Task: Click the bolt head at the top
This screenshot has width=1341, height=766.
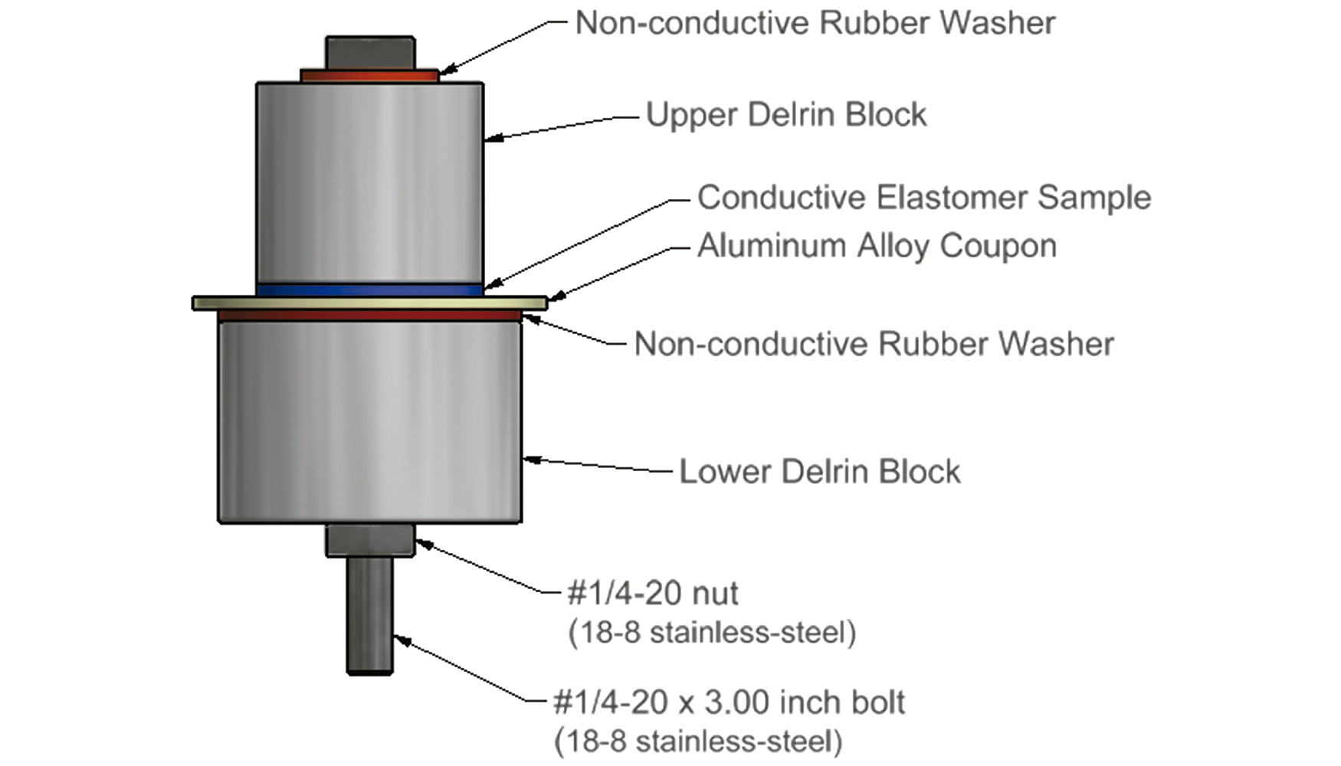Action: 370,53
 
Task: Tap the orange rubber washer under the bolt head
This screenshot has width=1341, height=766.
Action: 369,76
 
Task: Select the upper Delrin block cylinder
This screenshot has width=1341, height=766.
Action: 370,183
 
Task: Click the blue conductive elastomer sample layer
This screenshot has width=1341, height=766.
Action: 370,290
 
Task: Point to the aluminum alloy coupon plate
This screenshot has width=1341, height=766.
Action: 370,303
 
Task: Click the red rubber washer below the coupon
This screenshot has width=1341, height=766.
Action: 370,316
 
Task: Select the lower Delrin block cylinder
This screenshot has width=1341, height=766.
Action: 370,422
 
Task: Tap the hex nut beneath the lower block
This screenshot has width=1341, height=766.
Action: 370,541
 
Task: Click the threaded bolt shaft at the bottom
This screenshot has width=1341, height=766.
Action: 370,616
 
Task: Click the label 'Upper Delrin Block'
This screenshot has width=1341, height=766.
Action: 786,115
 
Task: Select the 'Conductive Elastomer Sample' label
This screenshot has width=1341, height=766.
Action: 924,198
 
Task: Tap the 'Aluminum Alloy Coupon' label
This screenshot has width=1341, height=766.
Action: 877,246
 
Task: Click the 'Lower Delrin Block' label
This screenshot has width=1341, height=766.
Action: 820,471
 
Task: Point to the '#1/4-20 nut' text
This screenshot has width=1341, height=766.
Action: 653,593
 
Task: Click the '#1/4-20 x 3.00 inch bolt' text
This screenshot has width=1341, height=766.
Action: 729,702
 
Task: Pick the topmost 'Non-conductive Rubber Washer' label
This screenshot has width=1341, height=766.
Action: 815,23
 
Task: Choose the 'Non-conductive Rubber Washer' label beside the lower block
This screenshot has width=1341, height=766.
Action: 874,344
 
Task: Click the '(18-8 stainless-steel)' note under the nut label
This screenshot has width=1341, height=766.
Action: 712,633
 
